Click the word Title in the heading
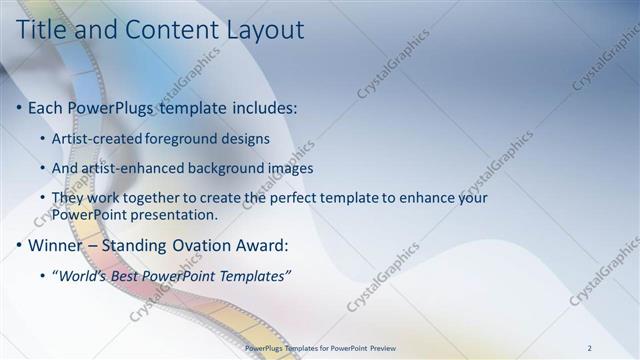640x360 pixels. pyautogui.click(x=45, y=30)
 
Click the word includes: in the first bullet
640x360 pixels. pyautogui.click(x=265, y=107)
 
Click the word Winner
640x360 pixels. pyautogui.click(x=58, y=245)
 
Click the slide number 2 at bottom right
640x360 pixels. pyautogui.click(x=590, y=349)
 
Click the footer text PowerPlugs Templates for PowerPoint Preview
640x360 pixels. pyautogui.click(x=321, y=349)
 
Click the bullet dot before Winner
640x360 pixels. pyautogui.click(x=21, y=246)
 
